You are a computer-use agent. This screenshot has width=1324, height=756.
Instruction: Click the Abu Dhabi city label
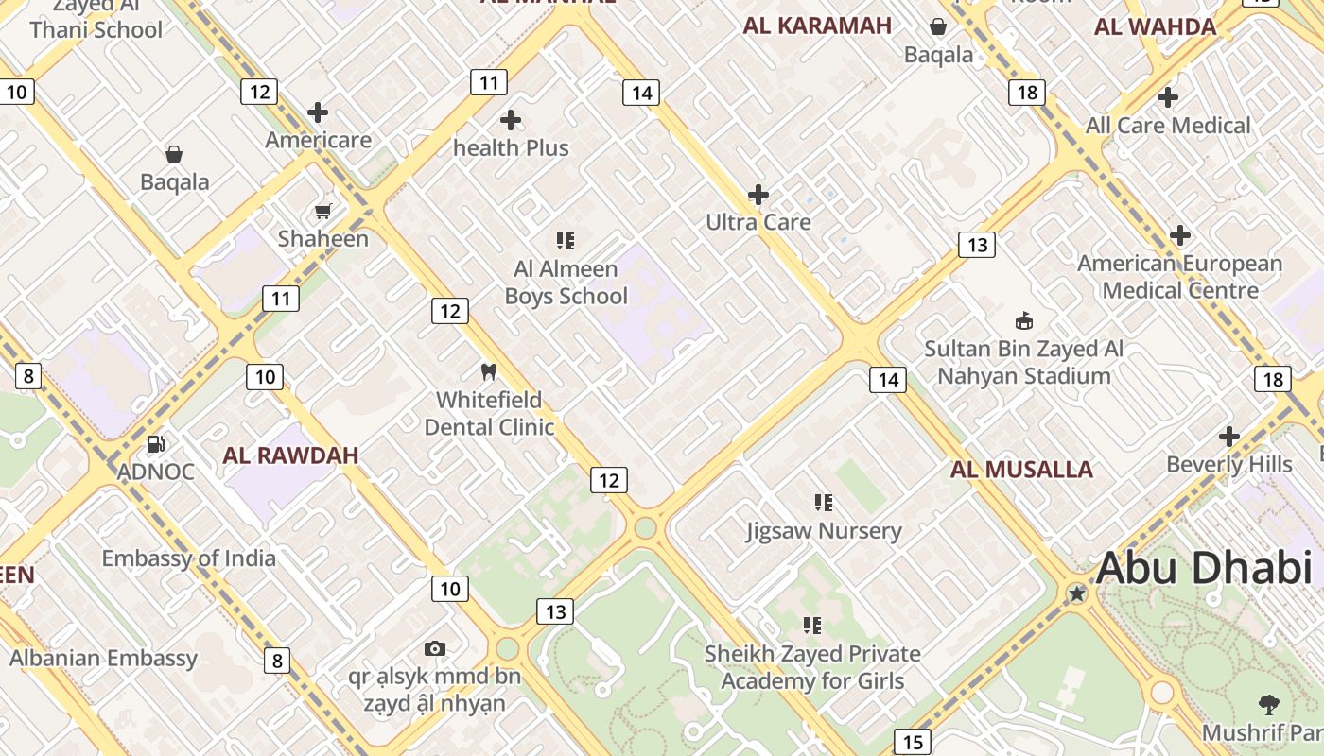tap(1203, 568)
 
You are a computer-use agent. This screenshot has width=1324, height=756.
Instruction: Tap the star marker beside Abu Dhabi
tap(1076, 593)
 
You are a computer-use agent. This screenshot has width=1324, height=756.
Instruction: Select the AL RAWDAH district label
tap(290, 455)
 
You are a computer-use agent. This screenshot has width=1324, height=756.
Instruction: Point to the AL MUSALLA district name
tap(1021, 470)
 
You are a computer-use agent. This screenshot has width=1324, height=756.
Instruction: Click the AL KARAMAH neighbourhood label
tap(817, 26)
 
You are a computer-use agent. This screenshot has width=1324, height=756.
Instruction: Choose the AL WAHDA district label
tap(1155, 26)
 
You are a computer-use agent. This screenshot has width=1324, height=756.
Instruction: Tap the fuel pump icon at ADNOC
tap(156, 443)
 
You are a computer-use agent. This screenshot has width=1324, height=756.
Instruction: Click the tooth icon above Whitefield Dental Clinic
tap(489, 372)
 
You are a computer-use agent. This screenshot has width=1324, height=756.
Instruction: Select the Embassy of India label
tap(189, 558)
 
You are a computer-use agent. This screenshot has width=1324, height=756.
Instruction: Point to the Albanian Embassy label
tap(103, 659)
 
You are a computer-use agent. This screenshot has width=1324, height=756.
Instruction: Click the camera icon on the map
tap(435, 648)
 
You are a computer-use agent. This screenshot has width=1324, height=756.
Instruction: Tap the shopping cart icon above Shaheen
tap(323, 211)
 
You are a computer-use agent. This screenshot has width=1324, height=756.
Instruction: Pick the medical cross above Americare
tap(318, 112)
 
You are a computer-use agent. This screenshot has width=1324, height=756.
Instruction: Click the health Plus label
tap(511, 148)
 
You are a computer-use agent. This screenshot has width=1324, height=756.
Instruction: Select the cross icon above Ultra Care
tap(758, 195)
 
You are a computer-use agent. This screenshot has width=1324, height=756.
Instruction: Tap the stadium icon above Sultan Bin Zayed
tap(1023, 320)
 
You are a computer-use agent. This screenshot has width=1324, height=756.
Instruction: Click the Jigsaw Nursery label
tap(824, 531)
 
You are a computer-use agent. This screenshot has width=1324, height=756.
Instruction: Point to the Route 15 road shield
tap(912, 743)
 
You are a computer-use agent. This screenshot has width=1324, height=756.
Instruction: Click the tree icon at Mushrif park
tap(1268, 704)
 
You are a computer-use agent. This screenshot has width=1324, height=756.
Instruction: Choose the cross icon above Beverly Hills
tap(1228, 437)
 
